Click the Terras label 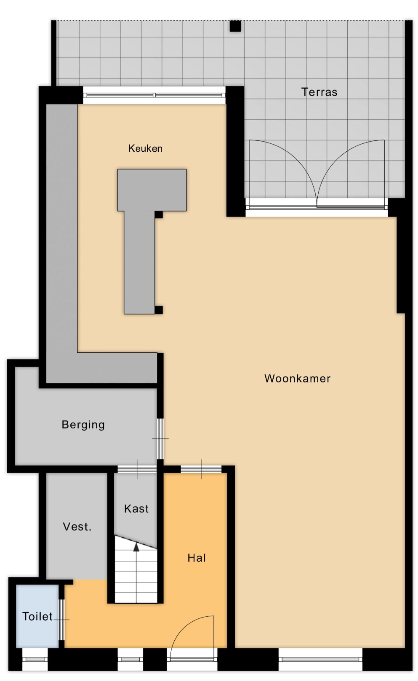click(x=319, y=92)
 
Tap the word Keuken click(x=145, y=148)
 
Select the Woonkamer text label click(x=297, y=378)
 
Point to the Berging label click(x=83, y=425)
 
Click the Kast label click(x=136, y=509)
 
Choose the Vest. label click(x=77, y=527)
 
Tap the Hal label click(x=197, y=558)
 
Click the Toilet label click(x=37, y=617)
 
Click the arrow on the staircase click(x=136, y=547)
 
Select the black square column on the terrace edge click(x=235, y=26)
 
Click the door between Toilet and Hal click(x=61, y=620)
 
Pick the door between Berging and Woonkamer click(x=160, y=439)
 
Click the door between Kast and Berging click(x=137, y=469)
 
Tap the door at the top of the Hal click(x=201, y=469)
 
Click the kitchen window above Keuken click(x=154, y=95)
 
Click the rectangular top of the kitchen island click(x=152, y=190)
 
